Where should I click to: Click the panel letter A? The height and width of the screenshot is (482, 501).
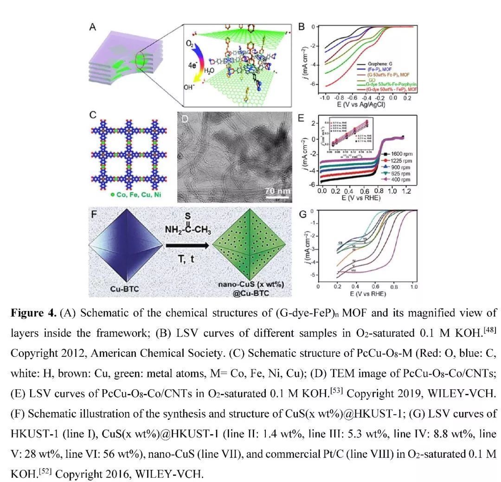click(x=93, y=28)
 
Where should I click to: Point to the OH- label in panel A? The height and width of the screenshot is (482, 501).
click(x=191, y=87)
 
